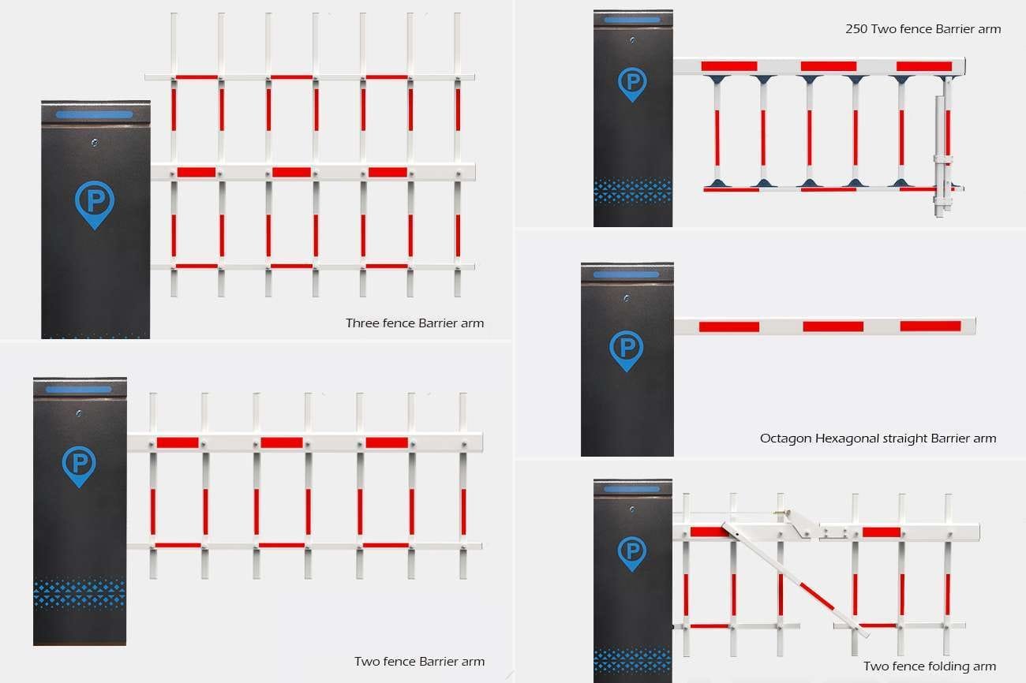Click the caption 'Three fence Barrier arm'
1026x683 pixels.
414,323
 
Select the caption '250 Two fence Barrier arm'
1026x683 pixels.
923,29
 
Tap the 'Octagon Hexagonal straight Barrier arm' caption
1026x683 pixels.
878,439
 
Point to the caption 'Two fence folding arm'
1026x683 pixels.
929,666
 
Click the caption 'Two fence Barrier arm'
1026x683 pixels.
419,662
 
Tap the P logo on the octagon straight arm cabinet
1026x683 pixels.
627,349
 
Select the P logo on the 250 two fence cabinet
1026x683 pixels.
631,84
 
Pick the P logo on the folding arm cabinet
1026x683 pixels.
631,553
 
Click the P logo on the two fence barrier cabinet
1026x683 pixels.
78,465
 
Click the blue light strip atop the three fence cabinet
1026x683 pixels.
95,114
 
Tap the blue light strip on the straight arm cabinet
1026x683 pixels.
626,274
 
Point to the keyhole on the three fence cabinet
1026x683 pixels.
95,143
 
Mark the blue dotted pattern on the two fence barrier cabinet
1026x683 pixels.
79,594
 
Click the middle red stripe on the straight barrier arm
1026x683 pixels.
833,327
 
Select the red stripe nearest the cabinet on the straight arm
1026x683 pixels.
728,327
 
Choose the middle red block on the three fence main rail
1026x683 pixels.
291,172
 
